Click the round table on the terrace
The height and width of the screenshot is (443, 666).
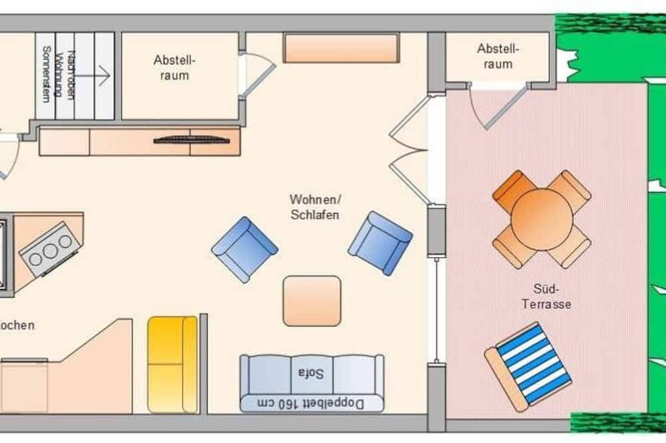click(x=541, y=219)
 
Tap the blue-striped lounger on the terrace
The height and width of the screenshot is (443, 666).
click(x=530, y=365)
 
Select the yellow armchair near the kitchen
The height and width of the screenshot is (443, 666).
click(x=172, y=364)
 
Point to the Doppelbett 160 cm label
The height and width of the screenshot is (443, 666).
click(x=312, y=402)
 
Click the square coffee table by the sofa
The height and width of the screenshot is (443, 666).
click(x=312, y=301)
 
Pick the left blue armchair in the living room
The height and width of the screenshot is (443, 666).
click(x=244, y=249)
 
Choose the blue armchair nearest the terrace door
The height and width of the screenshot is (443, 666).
click(x=380, y=243)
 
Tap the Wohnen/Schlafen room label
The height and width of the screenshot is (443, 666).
click(x=314, y=207)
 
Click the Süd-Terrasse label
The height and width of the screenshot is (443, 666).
click(x=552, y=297)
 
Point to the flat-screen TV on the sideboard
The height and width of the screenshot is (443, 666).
click(x=193, y=140)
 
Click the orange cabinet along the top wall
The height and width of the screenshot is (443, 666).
click(x=341, y=47)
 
